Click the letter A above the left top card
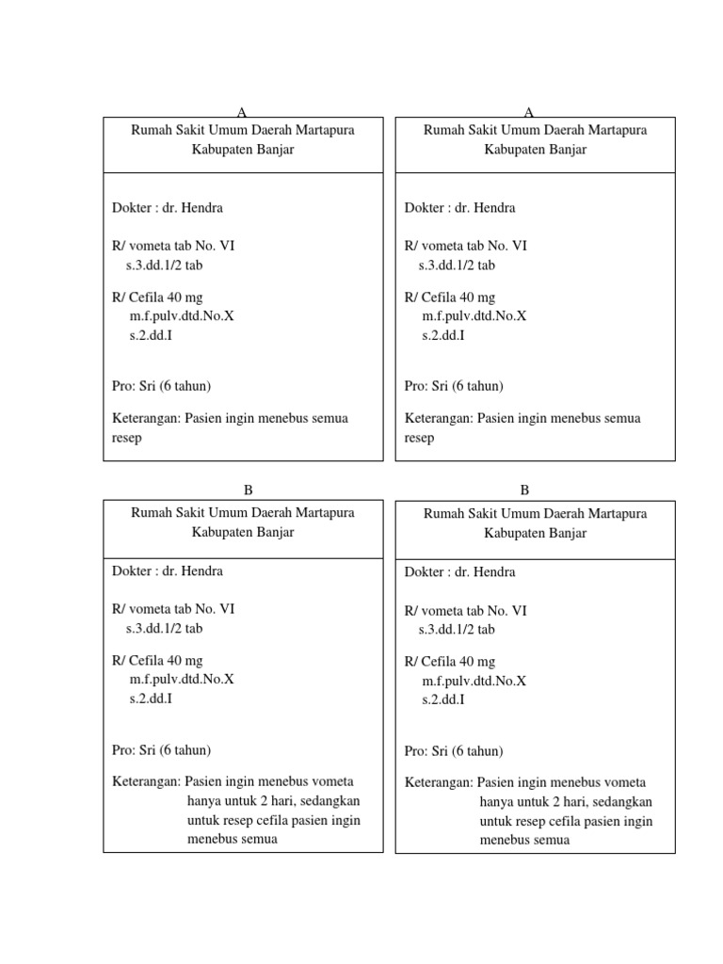(243, 112)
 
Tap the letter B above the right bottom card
(524, 490)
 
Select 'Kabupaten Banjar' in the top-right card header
(535, 150)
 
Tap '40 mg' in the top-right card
(477, 297)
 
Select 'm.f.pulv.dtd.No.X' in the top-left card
(182, 315)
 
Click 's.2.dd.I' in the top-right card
(442, 334)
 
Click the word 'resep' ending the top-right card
(420, 439)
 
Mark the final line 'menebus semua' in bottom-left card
(232, 839)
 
